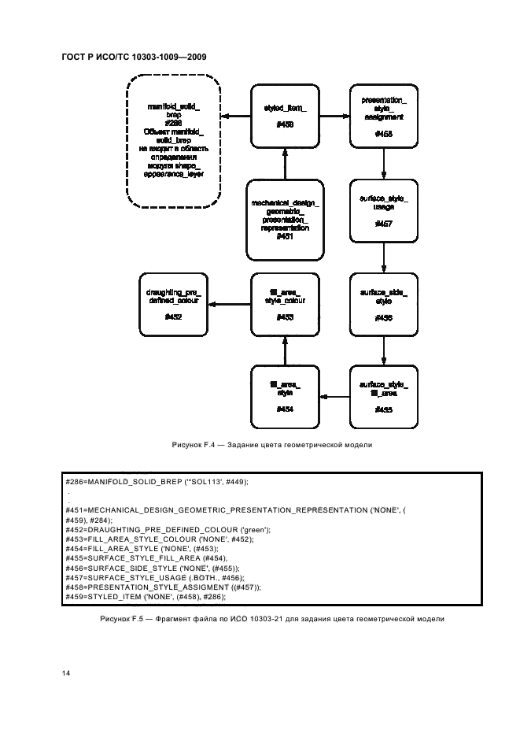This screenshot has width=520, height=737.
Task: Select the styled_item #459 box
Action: pos(285,117)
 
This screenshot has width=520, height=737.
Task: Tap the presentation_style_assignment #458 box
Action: pos(383,117)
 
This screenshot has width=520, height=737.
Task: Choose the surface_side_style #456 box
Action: pos(383,305)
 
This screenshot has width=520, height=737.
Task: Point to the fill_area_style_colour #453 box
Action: pos(285,305)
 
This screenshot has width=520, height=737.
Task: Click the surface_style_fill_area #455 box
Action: pos(383,396)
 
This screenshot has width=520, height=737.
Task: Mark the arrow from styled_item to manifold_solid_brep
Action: pos(234,117)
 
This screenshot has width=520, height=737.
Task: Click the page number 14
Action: pos(66,673)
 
